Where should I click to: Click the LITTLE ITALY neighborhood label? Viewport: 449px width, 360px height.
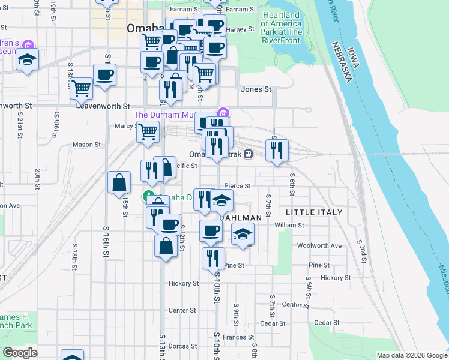tap(314, 212)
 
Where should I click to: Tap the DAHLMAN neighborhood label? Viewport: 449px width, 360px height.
tap(241, 217)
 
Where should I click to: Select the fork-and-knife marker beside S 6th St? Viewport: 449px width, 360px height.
tap(277, 151)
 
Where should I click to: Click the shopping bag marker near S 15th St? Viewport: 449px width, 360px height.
tap(119, 183)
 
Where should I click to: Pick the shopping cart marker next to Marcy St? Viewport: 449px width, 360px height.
tap(148, 132)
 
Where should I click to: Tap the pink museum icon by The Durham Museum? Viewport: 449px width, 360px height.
tap(223, 112)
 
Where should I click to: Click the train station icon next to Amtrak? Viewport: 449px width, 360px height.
tap(247, 154)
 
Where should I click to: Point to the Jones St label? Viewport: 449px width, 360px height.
tap(256, 89)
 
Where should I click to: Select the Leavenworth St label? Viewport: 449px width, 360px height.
tap(103, 106)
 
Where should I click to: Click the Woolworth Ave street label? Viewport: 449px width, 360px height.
tap(319, 245)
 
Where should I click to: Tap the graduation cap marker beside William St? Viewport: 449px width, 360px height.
tap(243, 233)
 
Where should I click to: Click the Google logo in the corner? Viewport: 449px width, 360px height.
tap(20, 353)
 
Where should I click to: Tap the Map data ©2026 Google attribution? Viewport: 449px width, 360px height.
tap(411, 355)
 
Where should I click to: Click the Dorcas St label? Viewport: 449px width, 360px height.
tap(182, 346)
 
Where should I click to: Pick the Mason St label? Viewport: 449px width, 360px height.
tap(86, 145)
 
